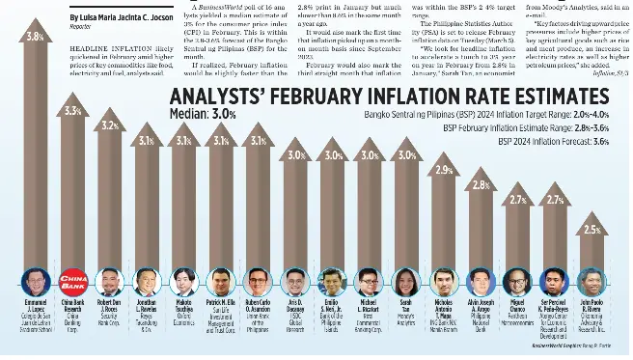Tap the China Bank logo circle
(72, 282)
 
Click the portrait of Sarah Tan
(405, 282)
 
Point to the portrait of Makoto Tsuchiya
(183, 282)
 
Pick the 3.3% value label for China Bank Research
(72, 111)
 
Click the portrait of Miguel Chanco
(517, 282)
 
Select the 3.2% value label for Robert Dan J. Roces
(109, 125)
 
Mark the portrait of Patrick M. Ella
(220, 282)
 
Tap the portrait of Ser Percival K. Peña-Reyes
(554, 282)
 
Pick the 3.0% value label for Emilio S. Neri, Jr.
(332, 154)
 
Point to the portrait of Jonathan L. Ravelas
(146, 282)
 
